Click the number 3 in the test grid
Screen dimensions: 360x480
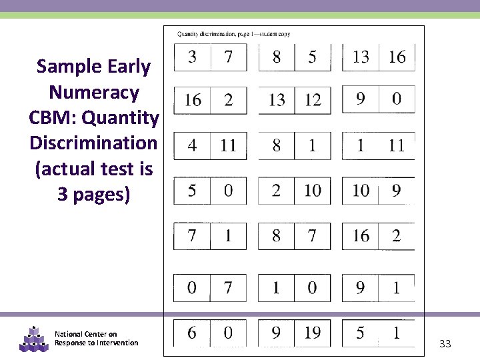(192, 57)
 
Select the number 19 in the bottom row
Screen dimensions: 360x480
(312, 332)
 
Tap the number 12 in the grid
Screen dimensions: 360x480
(312, 100)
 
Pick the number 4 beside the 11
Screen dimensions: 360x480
(192, 145)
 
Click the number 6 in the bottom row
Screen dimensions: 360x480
(192, 332)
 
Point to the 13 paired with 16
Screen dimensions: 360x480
(361, 57)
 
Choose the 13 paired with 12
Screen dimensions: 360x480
(277, 100)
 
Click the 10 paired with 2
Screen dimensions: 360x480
(312, 191)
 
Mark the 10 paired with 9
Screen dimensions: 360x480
(361, 191)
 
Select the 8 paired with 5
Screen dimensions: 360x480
(277, 57)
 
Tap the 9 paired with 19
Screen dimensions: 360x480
(277, 332)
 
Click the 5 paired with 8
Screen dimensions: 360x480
(312, 57)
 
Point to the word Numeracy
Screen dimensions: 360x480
(93, 92)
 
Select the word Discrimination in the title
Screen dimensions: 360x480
(93, 143)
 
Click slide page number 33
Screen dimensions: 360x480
(445, 344)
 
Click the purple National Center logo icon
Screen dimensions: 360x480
(32, 339)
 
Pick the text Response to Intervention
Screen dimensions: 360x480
(97, 343)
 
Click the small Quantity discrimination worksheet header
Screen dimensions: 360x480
(233, 34)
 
